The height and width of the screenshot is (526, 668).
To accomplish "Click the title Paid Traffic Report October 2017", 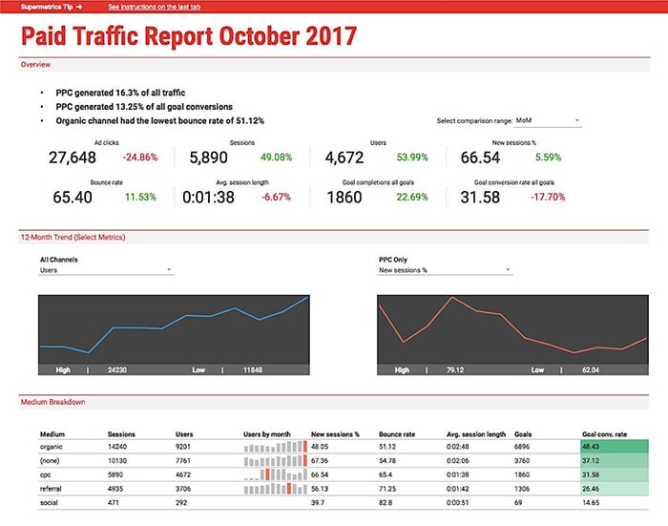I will coord(189,36).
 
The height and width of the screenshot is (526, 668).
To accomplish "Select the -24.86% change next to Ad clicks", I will coord(140,158).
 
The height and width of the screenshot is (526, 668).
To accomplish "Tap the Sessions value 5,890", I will coord(208,158).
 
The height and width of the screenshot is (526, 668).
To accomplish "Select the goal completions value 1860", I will coord(344,198).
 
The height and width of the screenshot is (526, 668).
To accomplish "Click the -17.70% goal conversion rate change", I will coord(546,198).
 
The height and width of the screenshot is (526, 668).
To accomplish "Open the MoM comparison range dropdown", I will coord(547,121).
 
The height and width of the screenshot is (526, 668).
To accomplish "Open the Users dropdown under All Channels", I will coord(106,270).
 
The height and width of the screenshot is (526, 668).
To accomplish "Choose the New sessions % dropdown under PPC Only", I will coord(445,270).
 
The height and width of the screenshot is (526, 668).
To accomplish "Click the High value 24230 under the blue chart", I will coord(118,369).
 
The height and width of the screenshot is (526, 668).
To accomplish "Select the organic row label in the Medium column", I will coord(51,446).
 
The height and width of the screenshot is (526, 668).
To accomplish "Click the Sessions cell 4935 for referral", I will coord(117,487).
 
